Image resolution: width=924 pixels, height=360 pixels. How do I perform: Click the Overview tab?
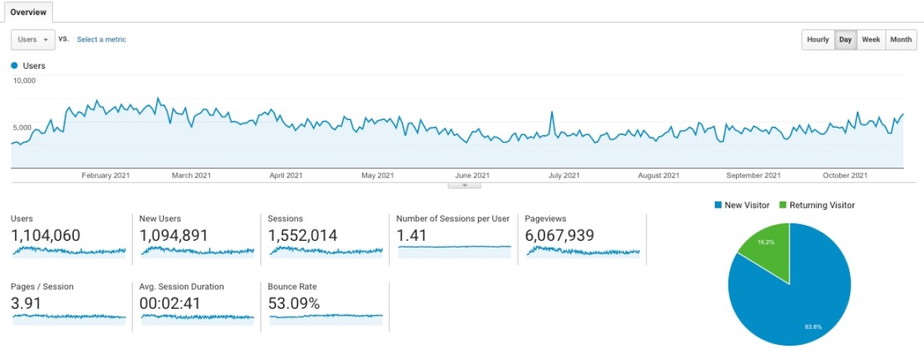28,12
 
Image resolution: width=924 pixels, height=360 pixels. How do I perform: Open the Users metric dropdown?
32,40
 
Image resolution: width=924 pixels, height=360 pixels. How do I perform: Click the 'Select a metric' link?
101,40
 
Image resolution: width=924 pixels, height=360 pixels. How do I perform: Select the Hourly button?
818,40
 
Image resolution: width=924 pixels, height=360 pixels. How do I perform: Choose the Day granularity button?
845,40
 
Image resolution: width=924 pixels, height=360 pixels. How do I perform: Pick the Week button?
870,40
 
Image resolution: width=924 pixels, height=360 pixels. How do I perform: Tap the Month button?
901,40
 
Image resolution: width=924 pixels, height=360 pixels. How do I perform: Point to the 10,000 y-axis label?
24,80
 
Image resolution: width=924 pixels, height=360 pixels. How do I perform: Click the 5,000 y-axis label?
23,128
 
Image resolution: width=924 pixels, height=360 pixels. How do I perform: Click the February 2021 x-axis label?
106,176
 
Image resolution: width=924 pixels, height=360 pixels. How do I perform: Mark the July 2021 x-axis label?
564,176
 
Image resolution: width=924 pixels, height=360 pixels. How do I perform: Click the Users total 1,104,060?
45,235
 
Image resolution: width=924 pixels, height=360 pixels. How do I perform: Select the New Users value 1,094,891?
174,235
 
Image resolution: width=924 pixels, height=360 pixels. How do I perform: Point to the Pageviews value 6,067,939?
559,235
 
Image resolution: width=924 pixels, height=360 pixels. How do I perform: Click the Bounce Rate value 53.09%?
294,303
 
